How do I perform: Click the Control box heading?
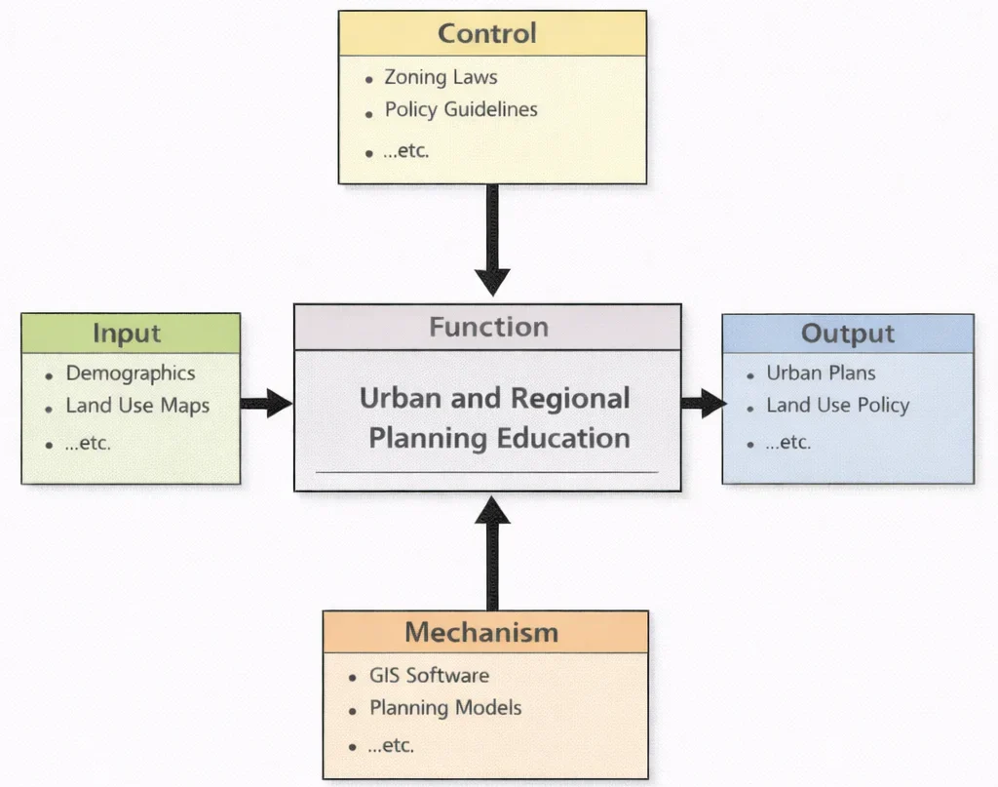point(487,33)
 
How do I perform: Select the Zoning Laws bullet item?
point(441,77)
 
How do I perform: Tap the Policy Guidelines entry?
point(461,109)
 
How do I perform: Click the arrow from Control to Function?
point(492,239)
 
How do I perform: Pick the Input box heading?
point(127,334)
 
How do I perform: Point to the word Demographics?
point(131,373)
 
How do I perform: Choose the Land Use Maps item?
point(137,405)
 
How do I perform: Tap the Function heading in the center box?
point(488,327)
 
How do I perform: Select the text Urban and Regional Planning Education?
point(494,417)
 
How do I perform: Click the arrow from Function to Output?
point(703,402)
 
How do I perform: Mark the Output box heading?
point(848,334)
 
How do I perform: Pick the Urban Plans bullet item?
point(821,373)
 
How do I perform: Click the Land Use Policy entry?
point(837,405)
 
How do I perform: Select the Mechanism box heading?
point(481,632)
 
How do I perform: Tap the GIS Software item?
point(429,675)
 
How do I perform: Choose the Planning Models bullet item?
point(445,708)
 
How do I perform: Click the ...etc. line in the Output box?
point(787,442)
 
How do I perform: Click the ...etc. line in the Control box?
point(406,151)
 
